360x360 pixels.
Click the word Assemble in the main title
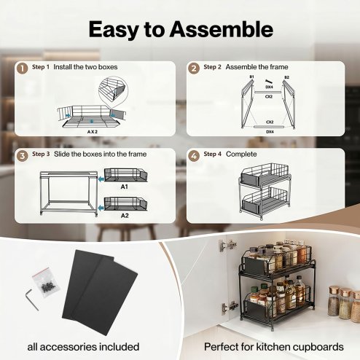point(222,29)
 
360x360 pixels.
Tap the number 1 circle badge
point(23,69)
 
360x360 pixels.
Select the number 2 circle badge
point(194,69)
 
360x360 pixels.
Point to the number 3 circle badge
point(23,156)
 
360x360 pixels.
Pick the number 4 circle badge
point(194,156)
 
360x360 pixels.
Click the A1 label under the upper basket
point(125,187)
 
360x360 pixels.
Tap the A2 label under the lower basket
point(125,216)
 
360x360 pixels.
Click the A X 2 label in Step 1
point(93,132)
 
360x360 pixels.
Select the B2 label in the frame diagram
point(286,77)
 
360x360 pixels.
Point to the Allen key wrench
point(31,298)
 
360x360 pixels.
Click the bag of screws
point(46,283)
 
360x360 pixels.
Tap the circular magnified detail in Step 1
point(113,91)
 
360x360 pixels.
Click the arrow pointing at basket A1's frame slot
point(101,179)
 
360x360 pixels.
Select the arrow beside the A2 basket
point(101,208)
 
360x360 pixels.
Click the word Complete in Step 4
point(241,154)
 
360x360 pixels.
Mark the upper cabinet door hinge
point(227,246)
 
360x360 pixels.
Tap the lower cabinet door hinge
point(229,308)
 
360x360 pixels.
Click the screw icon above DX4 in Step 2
point(267,82)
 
